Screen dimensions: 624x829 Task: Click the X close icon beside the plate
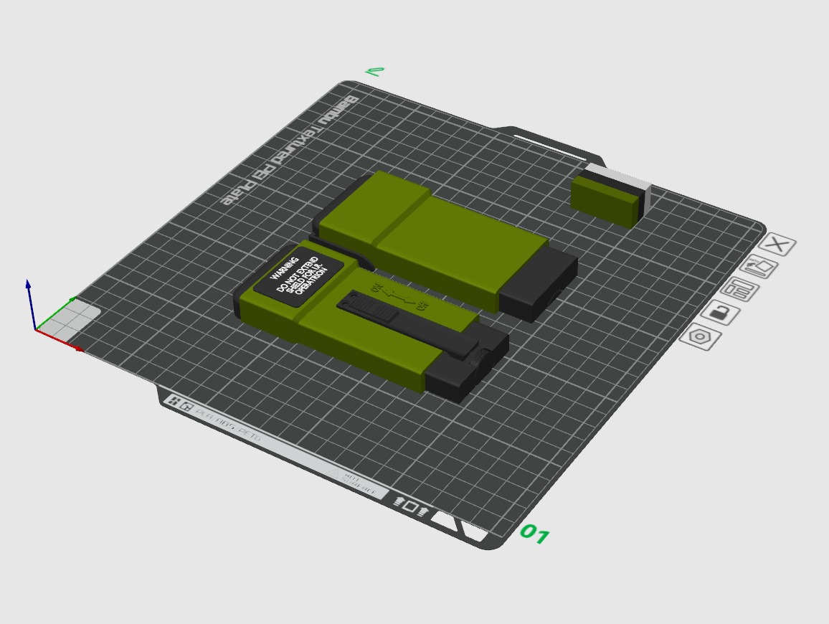point(777,245)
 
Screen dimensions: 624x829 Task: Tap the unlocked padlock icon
point(720,313)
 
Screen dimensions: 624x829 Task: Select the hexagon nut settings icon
point(699,336)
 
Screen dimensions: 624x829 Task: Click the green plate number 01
point(534,534)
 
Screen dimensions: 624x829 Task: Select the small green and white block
point(606,200)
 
